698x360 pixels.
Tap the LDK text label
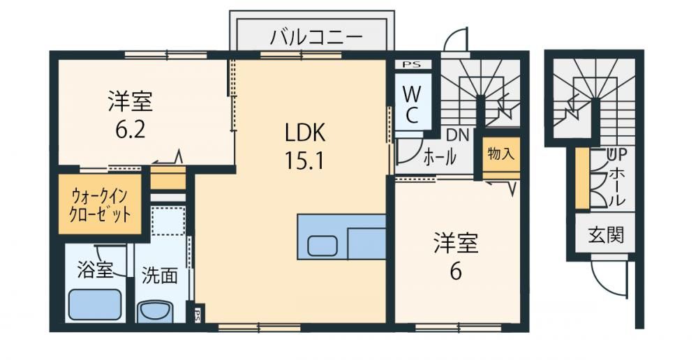(x=306, y=133)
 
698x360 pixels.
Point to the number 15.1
(x=306, y=162)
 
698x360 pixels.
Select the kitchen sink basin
(x=322, y=246)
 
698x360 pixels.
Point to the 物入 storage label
(x=500, y=154)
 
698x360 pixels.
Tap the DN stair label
(x=458, y=135)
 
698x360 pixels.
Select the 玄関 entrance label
(x=605, y=234)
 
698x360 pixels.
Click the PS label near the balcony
(x=411, y=64)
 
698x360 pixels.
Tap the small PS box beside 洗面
(x=197, y=315)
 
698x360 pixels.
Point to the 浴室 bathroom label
(x=95, y=269)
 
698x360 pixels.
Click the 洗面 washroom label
(x=159, y=276)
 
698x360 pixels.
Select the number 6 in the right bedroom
(x=455, y=271)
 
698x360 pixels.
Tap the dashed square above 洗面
(x=168, y=220)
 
